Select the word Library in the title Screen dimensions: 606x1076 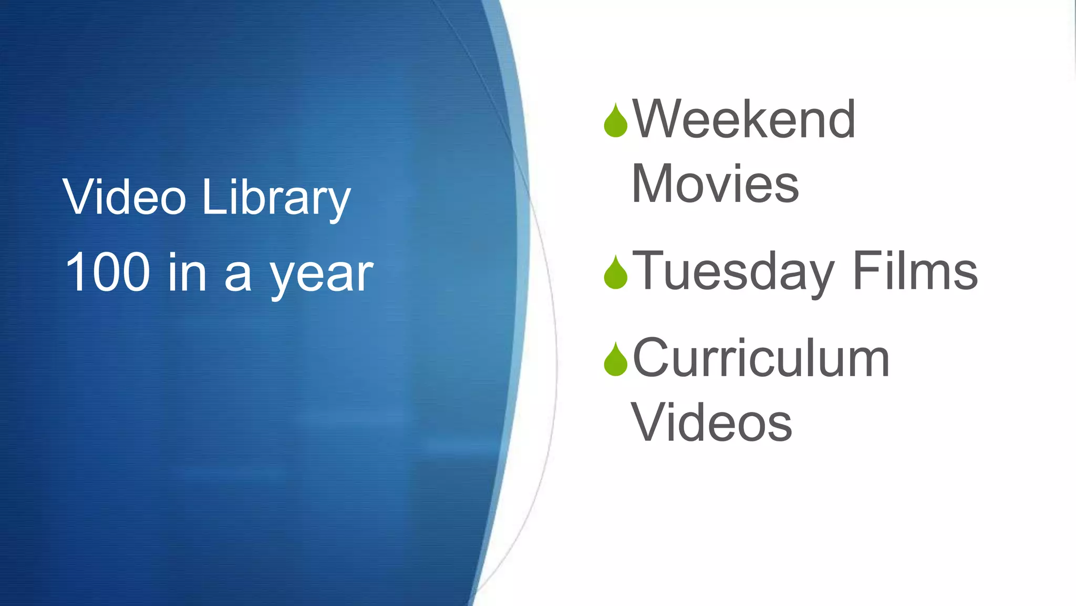point(276,199)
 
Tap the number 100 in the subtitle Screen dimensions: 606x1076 point(108,272)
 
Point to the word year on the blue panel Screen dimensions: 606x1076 point(322,276)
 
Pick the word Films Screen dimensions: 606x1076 point(915,270)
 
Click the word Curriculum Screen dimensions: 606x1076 point(761,358)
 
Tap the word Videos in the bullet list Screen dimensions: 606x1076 point(712,422)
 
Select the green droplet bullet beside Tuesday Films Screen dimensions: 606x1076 point(616,273)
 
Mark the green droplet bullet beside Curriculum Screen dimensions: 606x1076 point(616,360)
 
